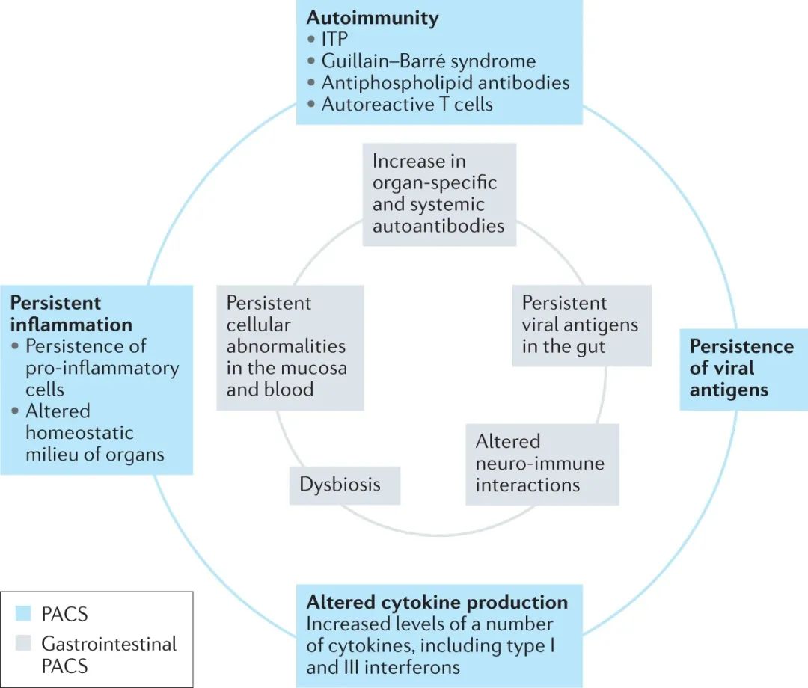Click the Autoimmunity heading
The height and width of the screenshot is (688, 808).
click(373, 18)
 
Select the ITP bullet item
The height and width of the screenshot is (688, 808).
click(336, 40)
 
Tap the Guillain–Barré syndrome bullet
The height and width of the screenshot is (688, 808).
click(428, 61)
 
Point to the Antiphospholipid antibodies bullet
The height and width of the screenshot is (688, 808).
click(445, 82)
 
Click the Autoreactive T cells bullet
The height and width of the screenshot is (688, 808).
click(407, 104)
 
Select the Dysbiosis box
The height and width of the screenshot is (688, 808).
click(340, 484)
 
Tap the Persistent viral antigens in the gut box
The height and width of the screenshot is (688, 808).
click(580, 325)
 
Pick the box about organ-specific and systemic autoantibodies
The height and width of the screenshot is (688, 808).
click(438, 193)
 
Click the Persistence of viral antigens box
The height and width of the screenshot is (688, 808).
click(741, 368)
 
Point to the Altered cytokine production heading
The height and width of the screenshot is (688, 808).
click(437, 602)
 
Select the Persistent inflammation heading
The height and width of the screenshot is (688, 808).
click(71, 313)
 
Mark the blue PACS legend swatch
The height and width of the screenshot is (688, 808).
click(22, 614)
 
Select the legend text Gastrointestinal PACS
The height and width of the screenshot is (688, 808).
click(108, 654)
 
